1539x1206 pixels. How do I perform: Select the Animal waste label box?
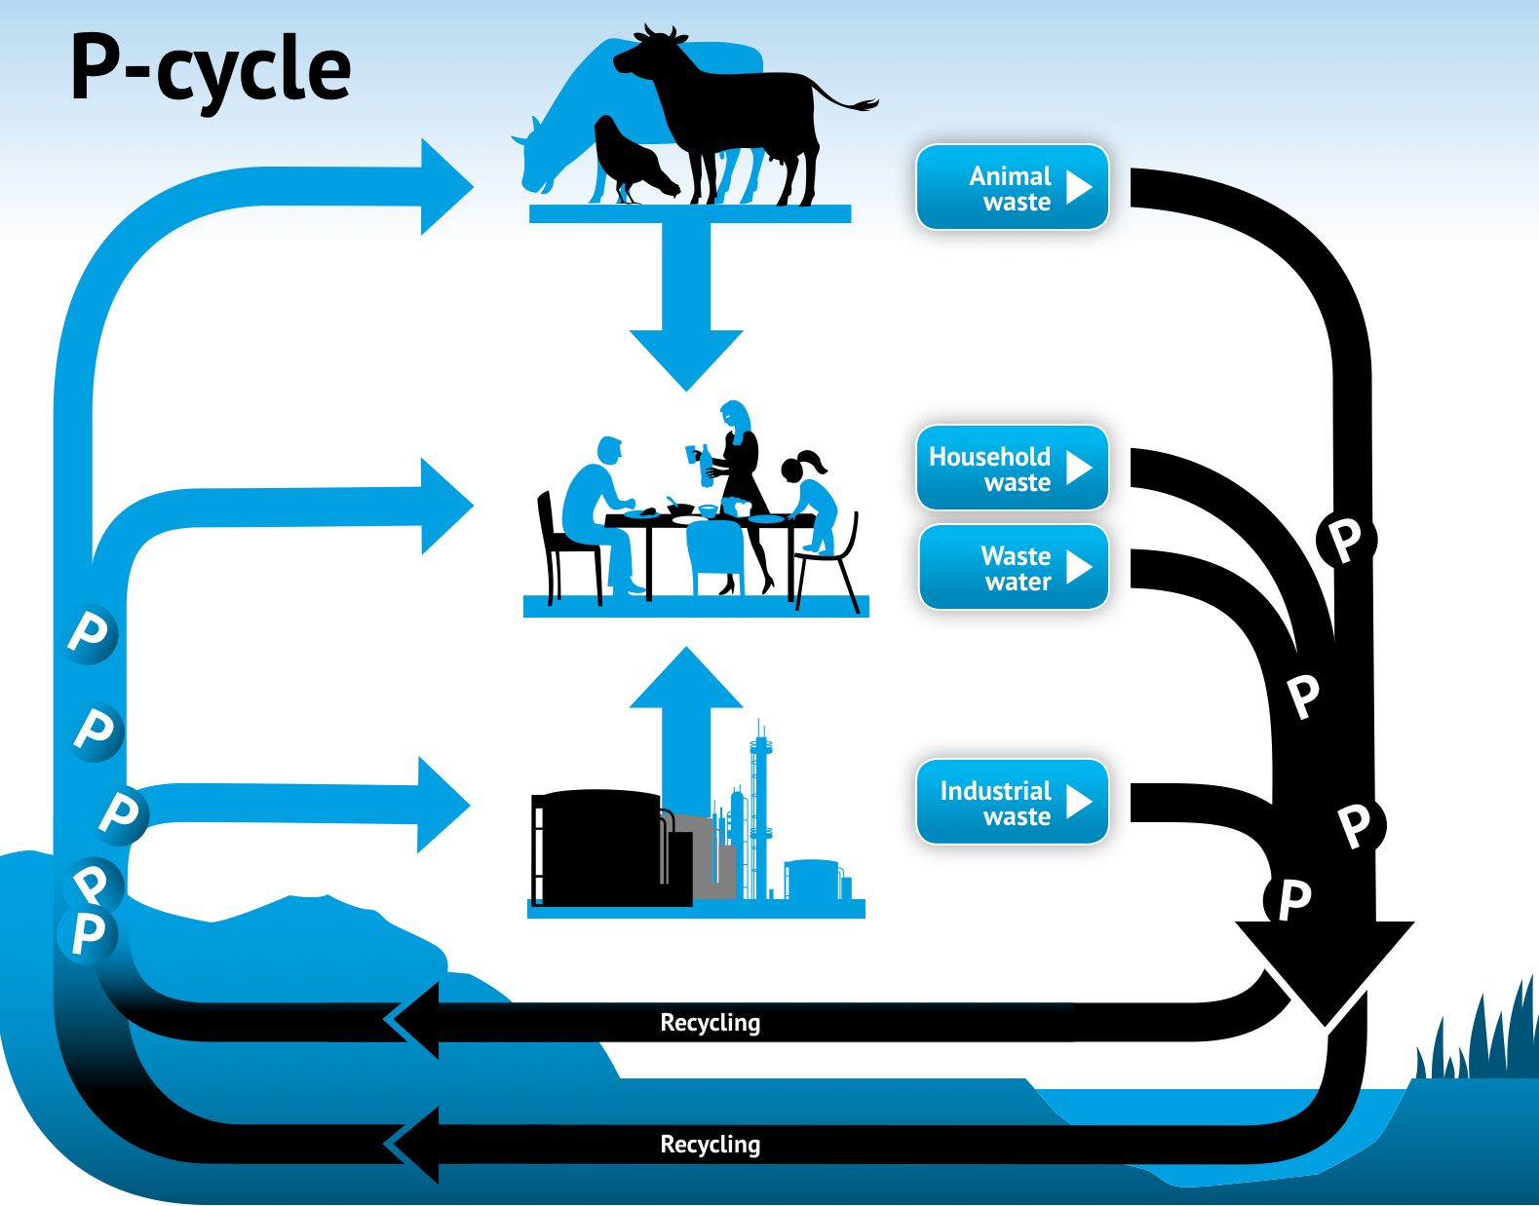[1012, 187]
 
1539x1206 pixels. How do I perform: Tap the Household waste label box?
[1012, 468]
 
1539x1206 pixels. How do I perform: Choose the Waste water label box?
[1014, 567]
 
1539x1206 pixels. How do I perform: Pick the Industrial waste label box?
[1012, 802]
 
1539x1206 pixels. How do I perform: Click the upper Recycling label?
[710, 1023]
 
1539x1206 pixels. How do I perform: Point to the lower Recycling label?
[710, 1145]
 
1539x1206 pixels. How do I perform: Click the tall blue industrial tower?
[760, 810]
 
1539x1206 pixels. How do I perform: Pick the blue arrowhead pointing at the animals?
[447, 187]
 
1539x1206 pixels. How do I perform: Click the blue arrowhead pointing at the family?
[447, 506]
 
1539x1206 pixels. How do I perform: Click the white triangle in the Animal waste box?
[1079, 187]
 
